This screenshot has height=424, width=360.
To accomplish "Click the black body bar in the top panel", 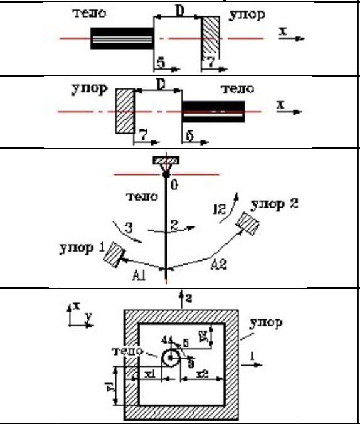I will (122, 39).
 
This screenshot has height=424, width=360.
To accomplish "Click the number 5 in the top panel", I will (160, 62).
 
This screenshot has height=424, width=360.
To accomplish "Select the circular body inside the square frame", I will (170, 359).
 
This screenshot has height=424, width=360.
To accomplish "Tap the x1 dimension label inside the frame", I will (149, 373).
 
